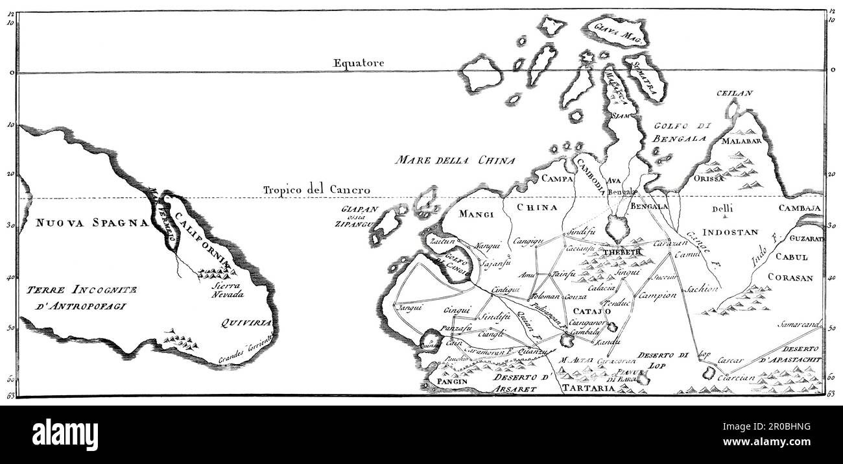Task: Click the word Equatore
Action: [359, 63]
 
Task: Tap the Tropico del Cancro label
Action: [316, 189]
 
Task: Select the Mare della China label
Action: [457, 160]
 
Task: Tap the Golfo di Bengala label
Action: [678, 133]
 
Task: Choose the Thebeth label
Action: [621, 252]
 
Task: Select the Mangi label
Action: [477, 214]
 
